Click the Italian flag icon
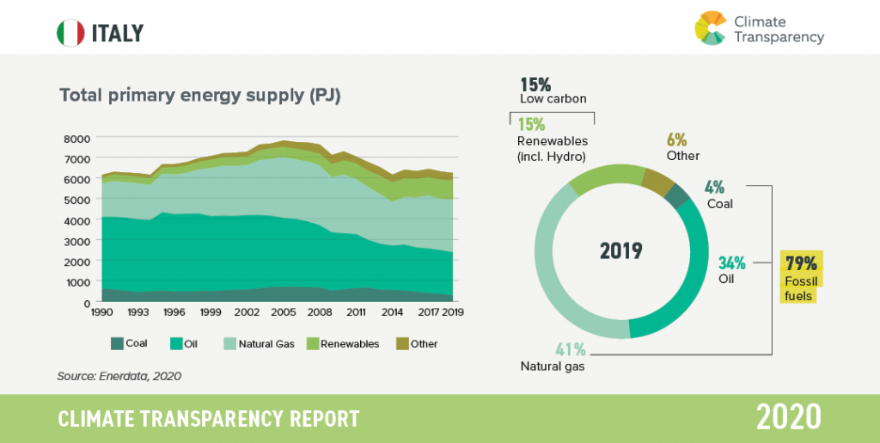[x=70, y=34]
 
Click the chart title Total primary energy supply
[x=200, y=95]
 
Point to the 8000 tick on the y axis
[x=76, y=138]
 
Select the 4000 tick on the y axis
[x=76, y=221]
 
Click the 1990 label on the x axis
[x=102, y=313]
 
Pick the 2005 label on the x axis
[x=284, y=313]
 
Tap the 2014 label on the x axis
[x=393, y=313]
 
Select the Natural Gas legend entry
[x=259, y=344]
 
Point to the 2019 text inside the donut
[x=620, y=251]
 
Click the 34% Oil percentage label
[x=731, y=263]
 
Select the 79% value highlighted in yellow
[x=802, y=263]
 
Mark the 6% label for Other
[x=676, y=140]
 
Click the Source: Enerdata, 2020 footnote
[x=119, y=375]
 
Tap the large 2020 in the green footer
[x=789, y=417]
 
